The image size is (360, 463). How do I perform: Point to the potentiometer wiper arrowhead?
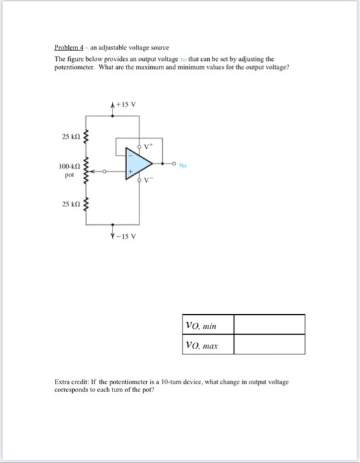(92, 172)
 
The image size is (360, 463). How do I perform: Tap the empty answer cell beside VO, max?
(269, 344)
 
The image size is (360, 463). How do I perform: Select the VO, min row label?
(201, 325)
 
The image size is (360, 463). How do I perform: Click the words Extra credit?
(71, 382)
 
